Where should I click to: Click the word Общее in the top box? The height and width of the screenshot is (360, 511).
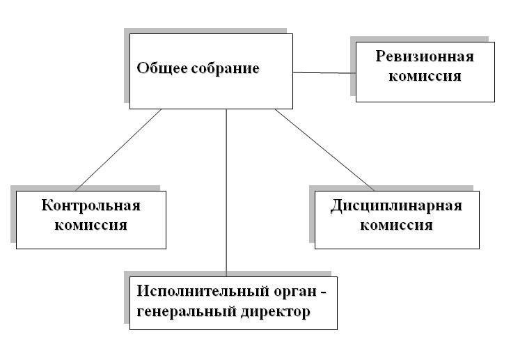(162, 68)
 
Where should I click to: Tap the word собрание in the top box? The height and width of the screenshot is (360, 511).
(225, 69)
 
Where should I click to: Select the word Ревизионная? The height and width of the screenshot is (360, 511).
(425, 56)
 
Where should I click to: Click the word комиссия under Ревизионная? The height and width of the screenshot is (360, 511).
(425, 76)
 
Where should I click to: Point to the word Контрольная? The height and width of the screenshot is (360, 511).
(91, 205)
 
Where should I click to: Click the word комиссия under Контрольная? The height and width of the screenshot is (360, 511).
(91, 226)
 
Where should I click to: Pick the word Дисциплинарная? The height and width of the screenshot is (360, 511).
(396, 206)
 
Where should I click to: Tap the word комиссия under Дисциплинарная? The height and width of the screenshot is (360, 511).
(396, 226)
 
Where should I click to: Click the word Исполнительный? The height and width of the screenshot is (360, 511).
(203, 291)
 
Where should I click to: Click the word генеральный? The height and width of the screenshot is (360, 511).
(187, 312)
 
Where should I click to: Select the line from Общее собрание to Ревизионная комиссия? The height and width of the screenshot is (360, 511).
(324, 72)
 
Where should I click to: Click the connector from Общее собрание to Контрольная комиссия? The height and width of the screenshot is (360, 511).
(118, 150)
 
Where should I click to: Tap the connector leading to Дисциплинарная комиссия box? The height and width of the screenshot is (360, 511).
(324, 150)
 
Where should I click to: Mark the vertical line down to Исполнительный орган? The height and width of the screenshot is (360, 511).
(226, 193)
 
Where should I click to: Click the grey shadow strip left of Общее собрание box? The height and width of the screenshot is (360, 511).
(127, 68)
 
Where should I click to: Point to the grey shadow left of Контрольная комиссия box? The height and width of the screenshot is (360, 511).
(13, 214)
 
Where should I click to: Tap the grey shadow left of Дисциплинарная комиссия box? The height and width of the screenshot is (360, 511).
(312, 214)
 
